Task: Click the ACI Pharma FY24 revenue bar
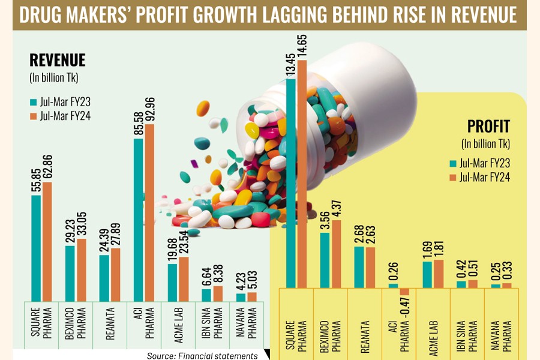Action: (x=149, y=210)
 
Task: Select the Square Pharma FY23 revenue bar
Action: (x=36, y=246)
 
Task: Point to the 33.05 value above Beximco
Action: (x=82, y=221)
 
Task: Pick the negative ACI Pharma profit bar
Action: (x=404, y=292)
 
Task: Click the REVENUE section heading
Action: (x=58, y=60)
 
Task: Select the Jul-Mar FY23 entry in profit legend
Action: (x=479, y=163)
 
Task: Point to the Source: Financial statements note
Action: (x=202, y=356)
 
